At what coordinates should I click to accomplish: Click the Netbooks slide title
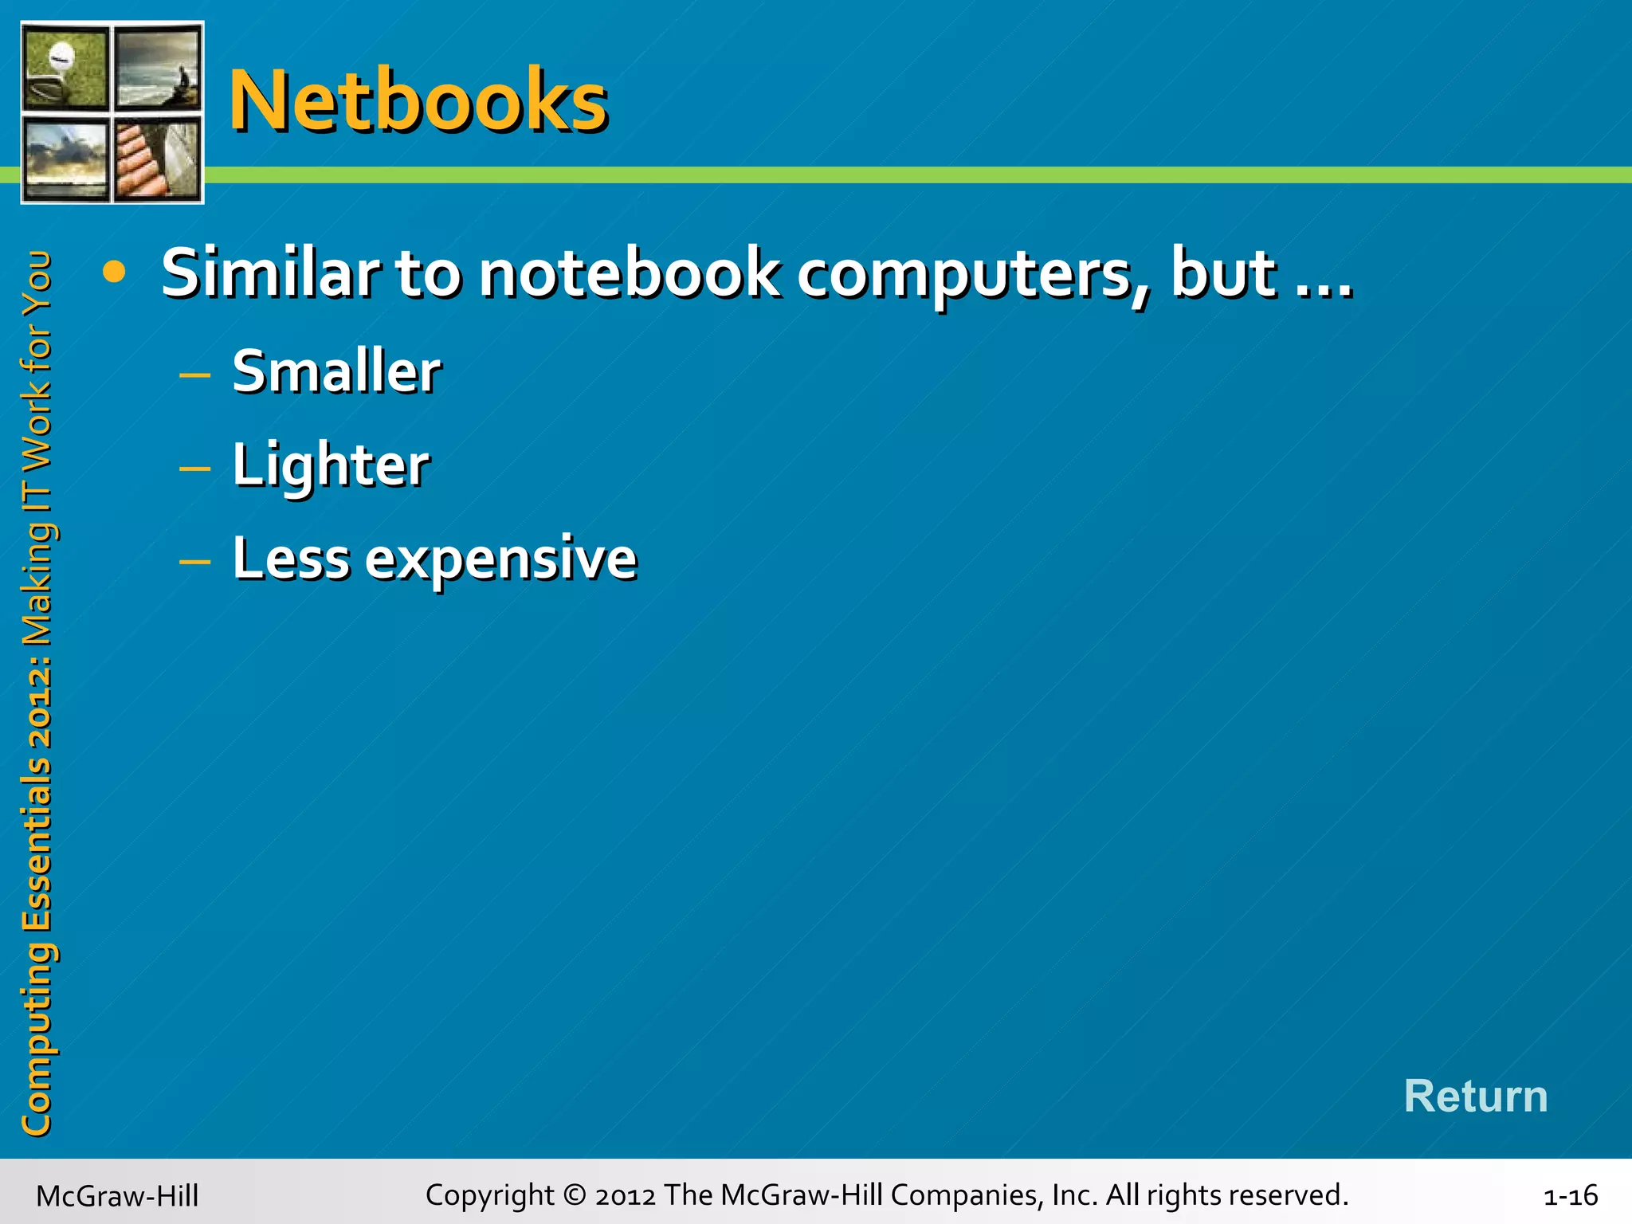[418, 100]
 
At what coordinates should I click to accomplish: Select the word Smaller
[336, 372]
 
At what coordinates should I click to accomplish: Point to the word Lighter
[331, 465]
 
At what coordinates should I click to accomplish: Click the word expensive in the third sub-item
[500, 559]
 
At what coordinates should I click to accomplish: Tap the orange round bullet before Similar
[115, 272]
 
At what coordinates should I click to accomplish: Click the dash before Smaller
[195, 374]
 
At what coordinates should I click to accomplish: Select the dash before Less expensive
[195, 561]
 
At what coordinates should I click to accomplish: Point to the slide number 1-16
[1570, 1195]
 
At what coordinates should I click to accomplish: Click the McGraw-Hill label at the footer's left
[117, 1196]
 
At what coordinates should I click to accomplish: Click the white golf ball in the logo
[61, 56]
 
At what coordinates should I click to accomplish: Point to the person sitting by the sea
[182, 80]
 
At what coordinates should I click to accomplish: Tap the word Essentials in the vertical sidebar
[37, 845]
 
